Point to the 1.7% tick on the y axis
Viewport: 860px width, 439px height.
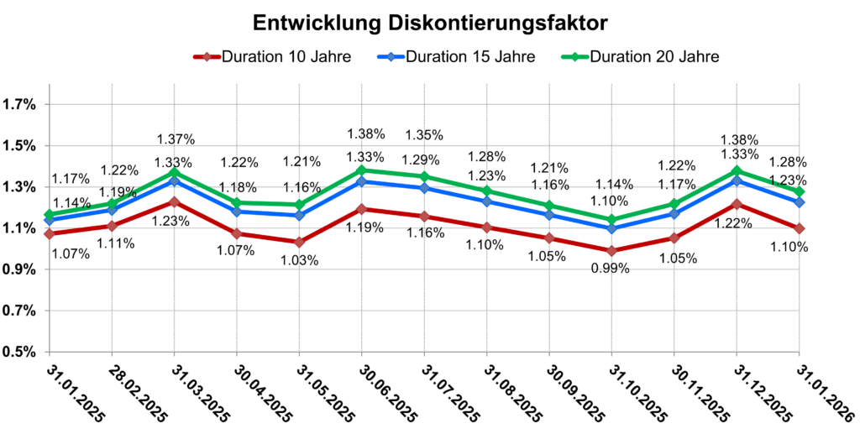(x=20, y=105)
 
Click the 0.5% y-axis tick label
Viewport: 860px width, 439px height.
(x=20, y=351)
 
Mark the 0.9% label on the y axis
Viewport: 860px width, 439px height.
(x=20, y=269)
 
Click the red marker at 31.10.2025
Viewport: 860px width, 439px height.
(x=611, y=251)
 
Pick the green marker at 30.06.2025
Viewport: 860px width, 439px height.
(x=361, y=170)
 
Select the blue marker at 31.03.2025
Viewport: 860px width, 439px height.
(x=174, y=180)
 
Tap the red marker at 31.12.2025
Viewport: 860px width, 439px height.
(x=737, y=204)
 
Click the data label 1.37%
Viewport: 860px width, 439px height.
(x=176, y=138)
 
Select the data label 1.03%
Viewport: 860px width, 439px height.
(x=299, y=260)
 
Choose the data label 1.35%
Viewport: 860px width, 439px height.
(x=424, y=134)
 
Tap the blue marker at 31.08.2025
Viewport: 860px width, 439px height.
(x=486, y=201)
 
